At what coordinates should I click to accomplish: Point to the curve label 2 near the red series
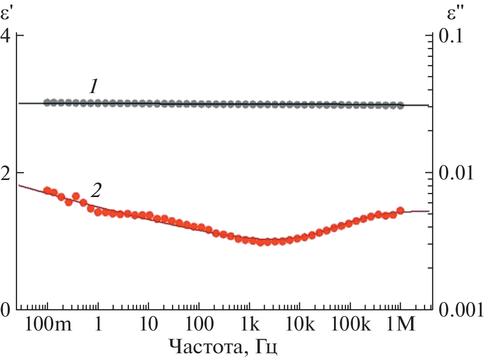(x=96, y=190)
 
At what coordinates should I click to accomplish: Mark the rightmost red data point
(x=400, y=210)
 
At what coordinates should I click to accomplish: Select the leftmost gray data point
(x=47, y=102)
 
